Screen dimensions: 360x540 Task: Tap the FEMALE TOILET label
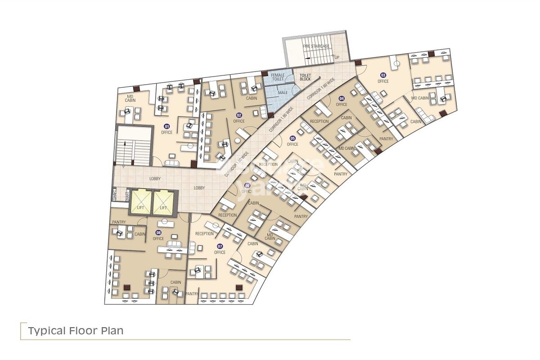coord(278,77)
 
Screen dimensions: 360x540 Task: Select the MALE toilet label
coord(283,93)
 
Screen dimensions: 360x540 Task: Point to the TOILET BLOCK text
coord(306,77)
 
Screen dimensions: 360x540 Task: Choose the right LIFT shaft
coord(163,202)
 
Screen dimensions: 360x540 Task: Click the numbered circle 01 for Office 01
coord(166,126)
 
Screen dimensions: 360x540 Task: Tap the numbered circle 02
coord(239,115)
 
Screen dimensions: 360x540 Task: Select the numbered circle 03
coord(383,75)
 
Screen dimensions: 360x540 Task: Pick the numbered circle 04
coord(342,99)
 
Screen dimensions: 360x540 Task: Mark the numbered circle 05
coord(292,138)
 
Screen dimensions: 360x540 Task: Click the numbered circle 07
coord(220,246)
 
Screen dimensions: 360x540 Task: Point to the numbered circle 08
coord(158,233)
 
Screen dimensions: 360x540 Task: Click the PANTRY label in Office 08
coord(119,222)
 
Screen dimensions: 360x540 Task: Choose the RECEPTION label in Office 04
coord(319,121)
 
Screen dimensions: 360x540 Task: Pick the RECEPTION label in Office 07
coord(204,234)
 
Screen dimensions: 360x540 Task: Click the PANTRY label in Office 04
coord(386,139)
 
